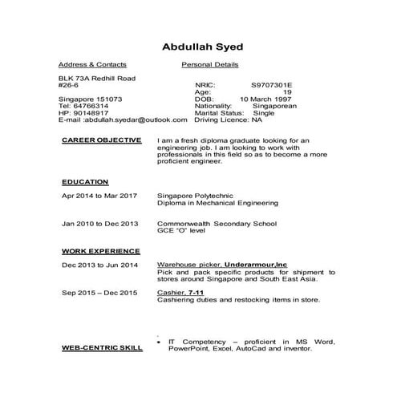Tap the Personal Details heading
tap(210, 64)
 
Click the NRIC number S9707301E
tap(272, 84)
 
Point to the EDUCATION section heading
tap(85, 182)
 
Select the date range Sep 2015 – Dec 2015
tap(99, 293)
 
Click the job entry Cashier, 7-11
tap(180, 293)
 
